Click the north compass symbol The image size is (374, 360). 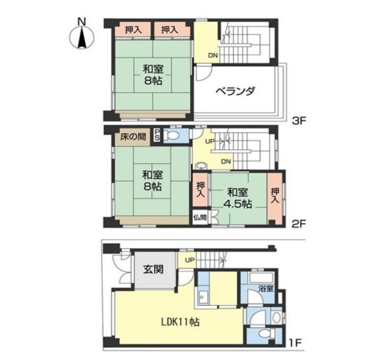(x=82, y=38)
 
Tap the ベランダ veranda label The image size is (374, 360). (x=235, y=91)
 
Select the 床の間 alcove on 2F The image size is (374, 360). (x=132, y=138)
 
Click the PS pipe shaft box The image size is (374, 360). (x=157, y=136)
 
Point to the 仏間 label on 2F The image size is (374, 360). (x=201, y=217)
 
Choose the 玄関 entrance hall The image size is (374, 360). (x=153, y=269)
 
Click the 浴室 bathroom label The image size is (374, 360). (x=266, y=289)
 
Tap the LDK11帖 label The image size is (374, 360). (x=181, y=322)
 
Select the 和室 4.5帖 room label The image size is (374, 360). (x=238, y=198)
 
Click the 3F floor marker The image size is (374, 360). (x=299, y=121)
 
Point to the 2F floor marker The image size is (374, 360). (x=299, y=224)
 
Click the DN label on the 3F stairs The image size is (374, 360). (x=213, y=56)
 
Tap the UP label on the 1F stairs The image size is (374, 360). (x=190, y=260)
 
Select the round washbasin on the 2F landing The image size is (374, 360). (x=202, y=165)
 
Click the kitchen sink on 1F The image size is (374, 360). (x=203, y=297)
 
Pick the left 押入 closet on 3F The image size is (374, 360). (x=133, y=30)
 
